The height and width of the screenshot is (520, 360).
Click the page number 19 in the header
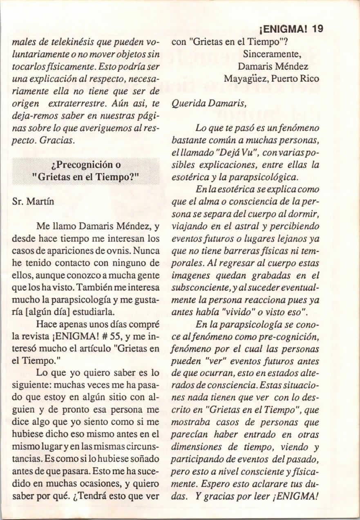tap(317, 29)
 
